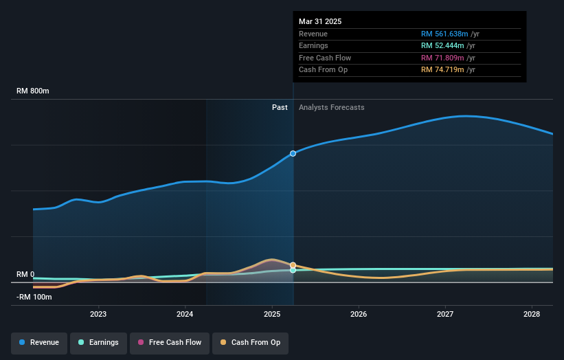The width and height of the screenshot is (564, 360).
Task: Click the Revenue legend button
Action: pyautogui.click(x=39, y=342)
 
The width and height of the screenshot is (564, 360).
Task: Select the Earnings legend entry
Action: pyautogui.click(x=98, y=342)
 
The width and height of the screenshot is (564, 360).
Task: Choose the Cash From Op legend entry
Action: pyautogui.click(x=251, y=342)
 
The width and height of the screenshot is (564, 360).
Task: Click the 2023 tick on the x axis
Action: pyautogui.click(x=98, y=314)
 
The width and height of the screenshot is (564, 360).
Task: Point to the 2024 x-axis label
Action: pyautogui.click(x=185, y=314)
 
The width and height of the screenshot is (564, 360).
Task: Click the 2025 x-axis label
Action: pyautogui.click(x=272, y=314)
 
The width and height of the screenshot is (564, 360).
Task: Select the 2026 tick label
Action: pyautogui.click(x=359, y=314)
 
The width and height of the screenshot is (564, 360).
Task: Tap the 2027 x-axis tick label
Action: pyautogui.click(x=445, y=314)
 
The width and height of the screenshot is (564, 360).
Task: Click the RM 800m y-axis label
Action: pyautogui.click(x=33, y=91)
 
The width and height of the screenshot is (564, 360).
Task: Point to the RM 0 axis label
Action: pyautogui.click(x=25, y=274)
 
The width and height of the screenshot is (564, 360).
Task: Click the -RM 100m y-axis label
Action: pyautogui.click(x=34, y=297)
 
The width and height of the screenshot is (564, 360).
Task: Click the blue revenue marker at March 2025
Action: pyautogui.click(x=293, y=153)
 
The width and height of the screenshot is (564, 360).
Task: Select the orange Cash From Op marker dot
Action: pyautogui.click(x=293, y=265)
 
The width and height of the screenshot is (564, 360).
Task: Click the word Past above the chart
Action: pyautogui.click(x=280, y=107)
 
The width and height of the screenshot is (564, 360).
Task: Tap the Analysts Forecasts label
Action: pyautogui.click(x=331, y=107)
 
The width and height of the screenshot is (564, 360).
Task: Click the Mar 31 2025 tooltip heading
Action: pyautogui.click(x=320, y=21)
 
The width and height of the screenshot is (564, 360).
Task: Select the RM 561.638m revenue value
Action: pyautogui.click(x=444, y=34)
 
